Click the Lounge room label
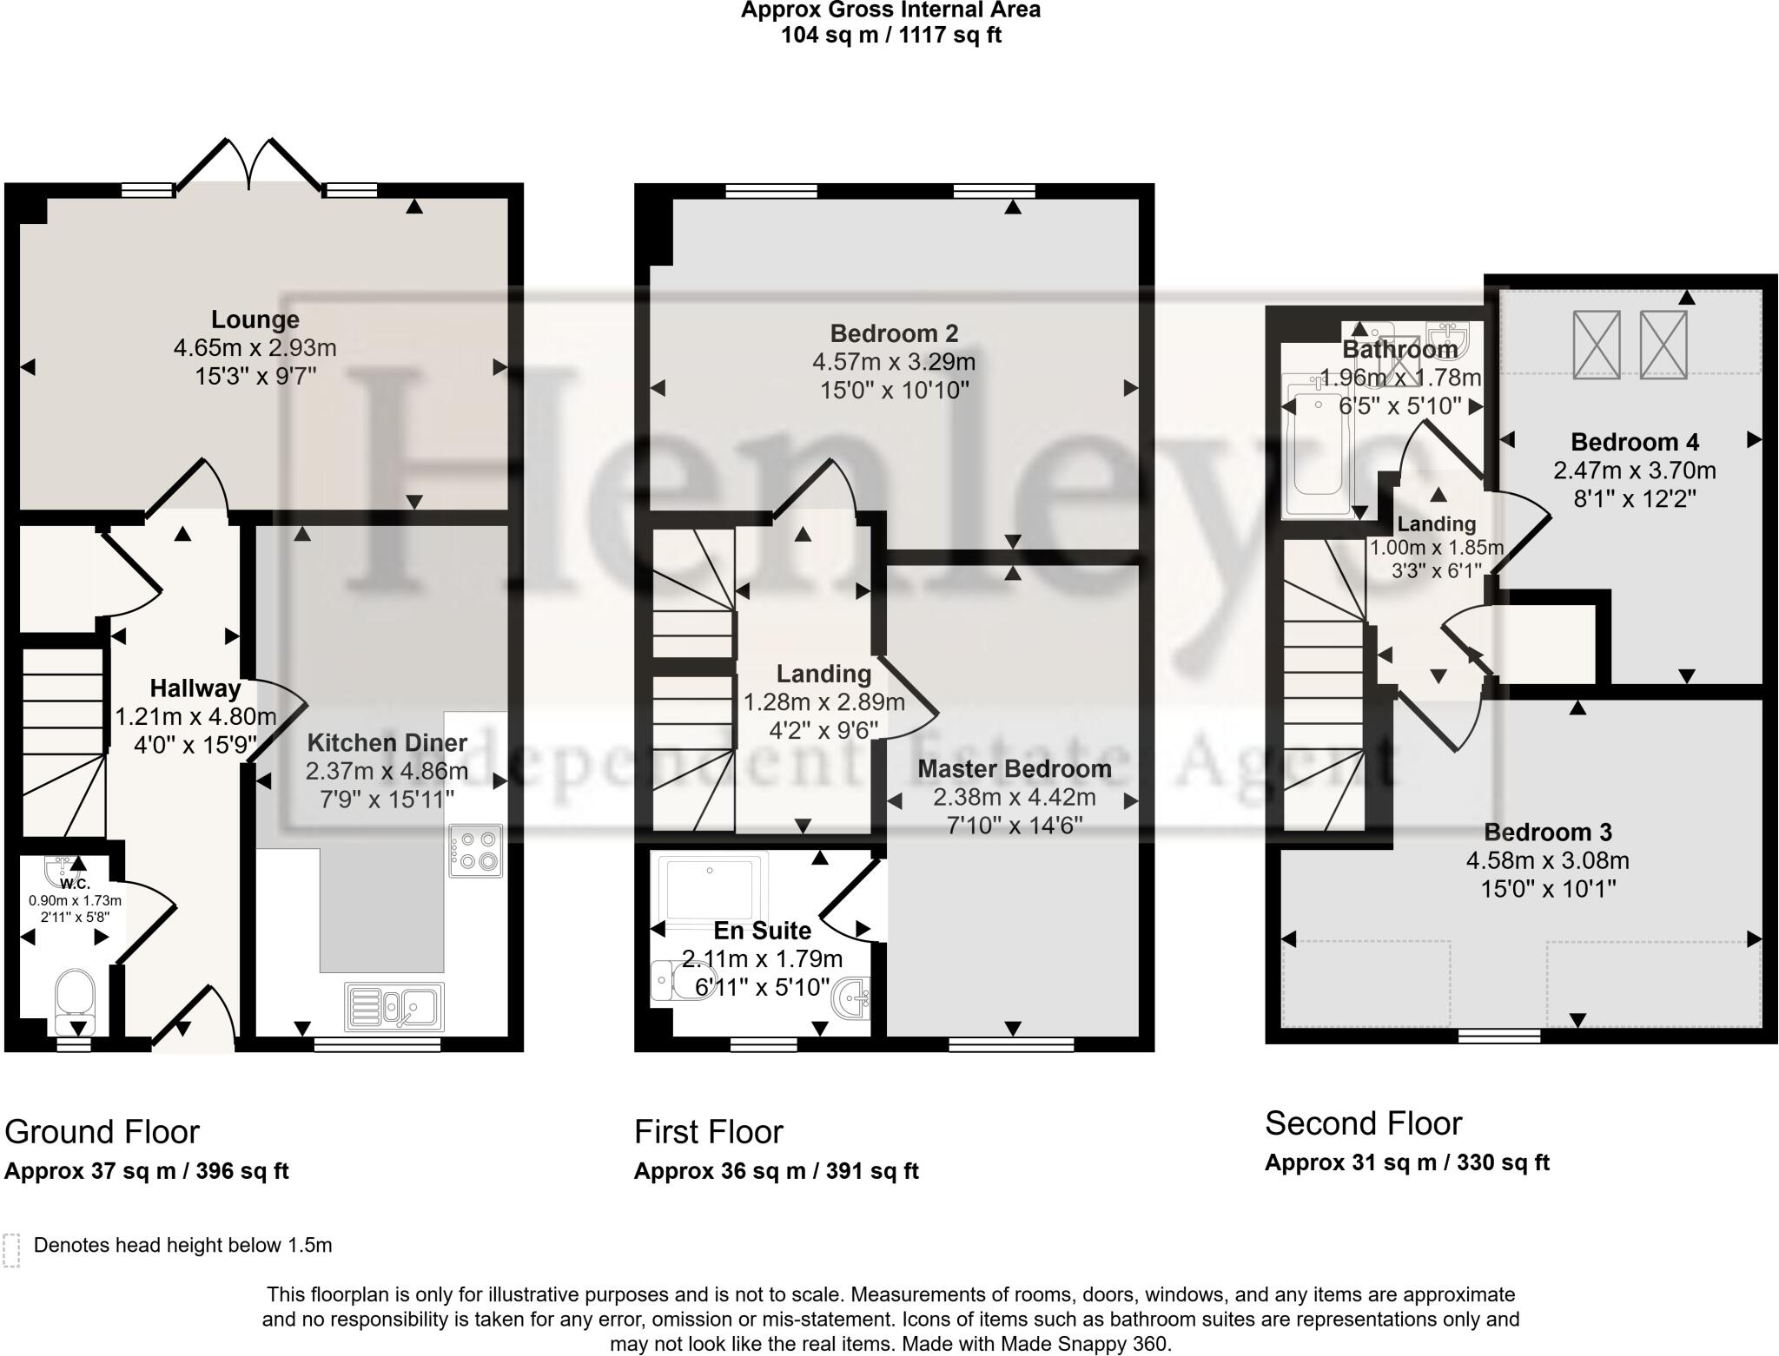(255, 319)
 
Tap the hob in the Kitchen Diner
(476, 851)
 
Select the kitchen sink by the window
(394, 1007)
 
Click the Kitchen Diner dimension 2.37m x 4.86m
(387, 771)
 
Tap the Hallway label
(195, 688)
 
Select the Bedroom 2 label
(894, 333)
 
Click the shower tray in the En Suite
(712, 885)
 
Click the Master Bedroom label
(1014, 769)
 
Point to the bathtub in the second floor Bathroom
(1317, 447)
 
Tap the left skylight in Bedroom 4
(1597, 345)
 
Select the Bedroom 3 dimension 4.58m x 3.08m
(1547, 861)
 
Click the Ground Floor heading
(103, 1132)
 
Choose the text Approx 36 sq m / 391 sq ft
(776, 1171)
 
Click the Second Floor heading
(1363, 1123)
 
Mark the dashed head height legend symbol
(11, 1250)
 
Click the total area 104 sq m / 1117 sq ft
(890, 36)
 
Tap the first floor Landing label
(823, 674)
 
